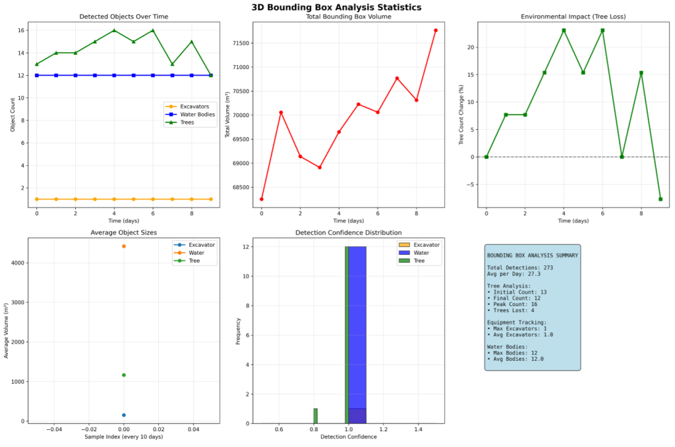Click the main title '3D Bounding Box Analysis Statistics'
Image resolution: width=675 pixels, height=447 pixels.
point(336,7)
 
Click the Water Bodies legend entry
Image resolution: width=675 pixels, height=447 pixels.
point(197,115)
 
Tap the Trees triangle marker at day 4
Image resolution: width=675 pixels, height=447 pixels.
point(114,30)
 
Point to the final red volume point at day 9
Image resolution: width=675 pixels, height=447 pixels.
point(436,30)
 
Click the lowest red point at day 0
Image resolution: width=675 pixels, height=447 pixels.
point(262,199)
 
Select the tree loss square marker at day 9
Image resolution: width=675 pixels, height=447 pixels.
point(660,199)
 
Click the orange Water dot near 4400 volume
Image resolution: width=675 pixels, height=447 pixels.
point(123,246)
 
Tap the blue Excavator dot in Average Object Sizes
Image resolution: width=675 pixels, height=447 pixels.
point(123,415)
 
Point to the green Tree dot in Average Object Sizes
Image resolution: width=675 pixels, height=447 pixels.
point(123,375)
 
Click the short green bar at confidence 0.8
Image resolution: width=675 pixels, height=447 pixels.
point(315,415)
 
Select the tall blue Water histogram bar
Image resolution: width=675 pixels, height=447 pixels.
point(357,329)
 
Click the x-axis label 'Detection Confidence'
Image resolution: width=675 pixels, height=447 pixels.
point(348,437)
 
